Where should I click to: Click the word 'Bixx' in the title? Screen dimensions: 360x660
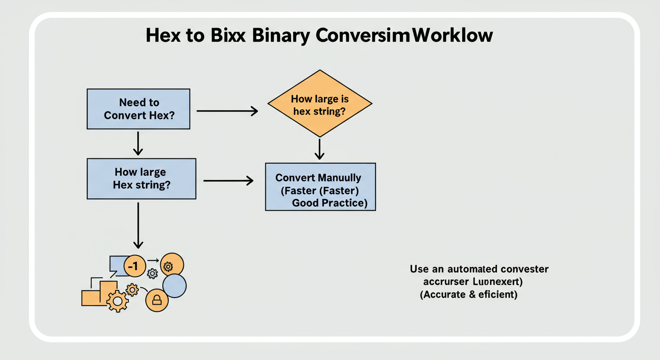click(x=225, y=36)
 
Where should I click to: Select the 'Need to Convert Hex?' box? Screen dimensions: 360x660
click(x=138, y=109)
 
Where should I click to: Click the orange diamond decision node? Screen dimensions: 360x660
click(x=319, y=104)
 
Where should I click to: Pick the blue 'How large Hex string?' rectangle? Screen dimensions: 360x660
click(x=141, y=179)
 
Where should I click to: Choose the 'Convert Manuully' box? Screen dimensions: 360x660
click(x=320, y=187)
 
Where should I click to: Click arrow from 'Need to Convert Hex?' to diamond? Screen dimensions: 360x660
click(x=227, y=111)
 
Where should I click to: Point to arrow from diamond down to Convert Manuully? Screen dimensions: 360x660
click(x=319, y=149)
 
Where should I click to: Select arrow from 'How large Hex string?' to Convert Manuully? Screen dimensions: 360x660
click(x=228, y=180)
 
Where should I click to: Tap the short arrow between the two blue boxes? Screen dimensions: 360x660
click(x=138, y=143)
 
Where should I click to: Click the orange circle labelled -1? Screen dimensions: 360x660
click(x=134, y=266)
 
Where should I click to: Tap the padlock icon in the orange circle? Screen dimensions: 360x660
click(x=157, y=300)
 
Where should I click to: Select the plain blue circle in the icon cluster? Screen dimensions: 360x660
click(x=174, y=285)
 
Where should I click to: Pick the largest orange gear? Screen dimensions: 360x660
click(x=117, y=300)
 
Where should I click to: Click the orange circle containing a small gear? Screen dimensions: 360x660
click(x=172, y=266)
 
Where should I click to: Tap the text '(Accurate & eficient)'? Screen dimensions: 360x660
click(x=468, y=295)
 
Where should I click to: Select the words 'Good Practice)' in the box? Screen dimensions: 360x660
click(x=330, y=203)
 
